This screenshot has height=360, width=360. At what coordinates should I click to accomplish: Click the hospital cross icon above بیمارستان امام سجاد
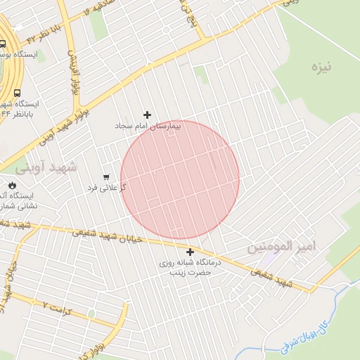tap(147, 115)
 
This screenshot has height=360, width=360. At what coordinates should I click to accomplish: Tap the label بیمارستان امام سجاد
tap(149, 126)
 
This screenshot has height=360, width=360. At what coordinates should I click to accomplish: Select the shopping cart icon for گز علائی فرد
tap(106, 176)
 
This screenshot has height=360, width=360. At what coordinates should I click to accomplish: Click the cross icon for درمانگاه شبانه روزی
tap(190, 251)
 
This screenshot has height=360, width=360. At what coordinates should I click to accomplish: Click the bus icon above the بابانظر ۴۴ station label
tap(16, 93)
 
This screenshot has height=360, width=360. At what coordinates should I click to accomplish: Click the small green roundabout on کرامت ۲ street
tap(91, 314)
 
